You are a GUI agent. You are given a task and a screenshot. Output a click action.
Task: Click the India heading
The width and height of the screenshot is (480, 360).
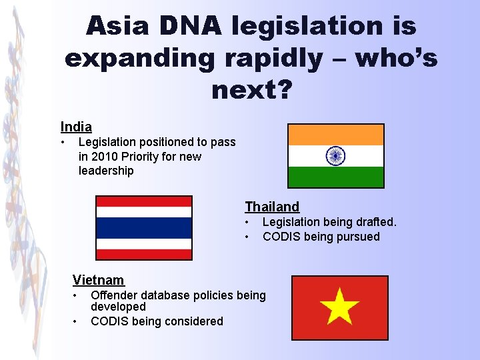[x=76, y=127]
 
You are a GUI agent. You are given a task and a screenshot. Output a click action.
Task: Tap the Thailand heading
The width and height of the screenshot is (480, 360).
[x=272, y=207]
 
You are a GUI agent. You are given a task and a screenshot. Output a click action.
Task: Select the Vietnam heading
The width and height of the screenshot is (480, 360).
[x=98, y=279]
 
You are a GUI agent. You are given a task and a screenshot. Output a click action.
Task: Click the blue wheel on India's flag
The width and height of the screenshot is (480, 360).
[x=335, y=156]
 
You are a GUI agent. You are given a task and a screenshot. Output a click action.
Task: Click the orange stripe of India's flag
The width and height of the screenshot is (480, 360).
[x=335, y=135]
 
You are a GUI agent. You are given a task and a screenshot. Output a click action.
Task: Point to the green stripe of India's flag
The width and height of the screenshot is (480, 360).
[x=335, y=177]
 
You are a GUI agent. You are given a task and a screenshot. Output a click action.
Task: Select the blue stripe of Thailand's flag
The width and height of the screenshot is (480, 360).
[x=144, y=228]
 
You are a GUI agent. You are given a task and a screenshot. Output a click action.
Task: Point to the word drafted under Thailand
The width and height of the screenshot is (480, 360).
[x=375, y=222]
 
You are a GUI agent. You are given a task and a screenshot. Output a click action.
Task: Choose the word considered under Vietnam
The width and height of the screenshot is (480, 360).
[x=191, y=321]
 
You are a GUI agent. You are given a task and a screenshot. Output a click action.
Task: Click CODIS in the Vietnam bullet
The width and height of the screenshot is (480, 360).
[x=109, y=321]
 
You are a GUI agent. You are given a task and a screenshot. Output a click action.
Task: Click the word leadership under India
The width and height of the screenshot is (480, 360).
[x=106, y=171]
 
